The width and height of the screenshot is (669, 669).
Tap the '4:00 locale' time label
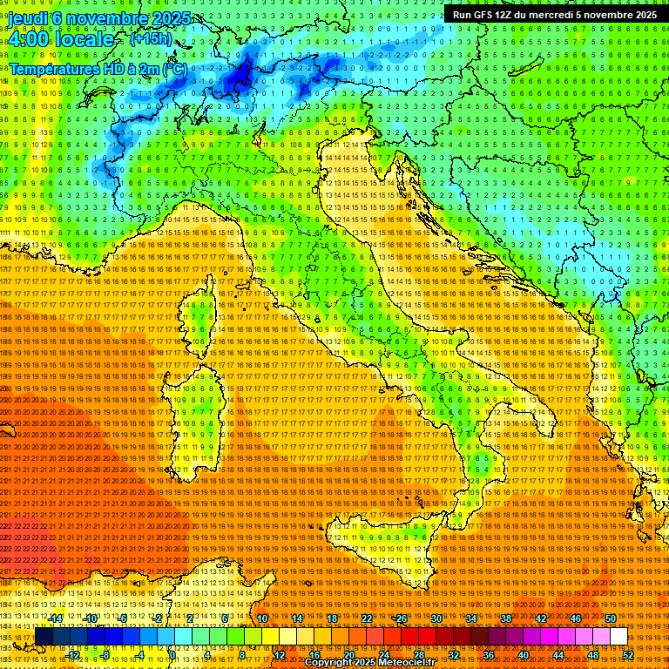61,39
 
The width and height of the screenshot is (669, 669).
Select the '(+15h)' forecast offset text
151,39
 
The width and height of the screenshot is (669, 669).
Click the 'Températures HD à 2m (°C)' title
98,68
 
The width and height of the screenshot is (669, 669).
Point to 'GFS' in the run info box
489,15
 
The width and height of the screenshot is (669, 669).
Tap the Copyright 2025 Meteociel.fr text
369,663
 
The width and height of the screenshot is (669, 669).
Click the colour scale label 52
627,655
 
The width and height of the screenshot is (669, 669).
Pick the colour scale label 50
611,618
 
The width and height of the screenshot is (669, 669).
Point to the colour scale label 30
436,618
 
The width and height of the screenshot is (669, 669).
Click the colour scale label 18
332,618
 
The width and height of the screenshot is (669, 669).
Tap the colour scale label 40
523,655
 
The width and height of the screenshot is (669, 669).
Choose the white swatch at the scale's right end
618,637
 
